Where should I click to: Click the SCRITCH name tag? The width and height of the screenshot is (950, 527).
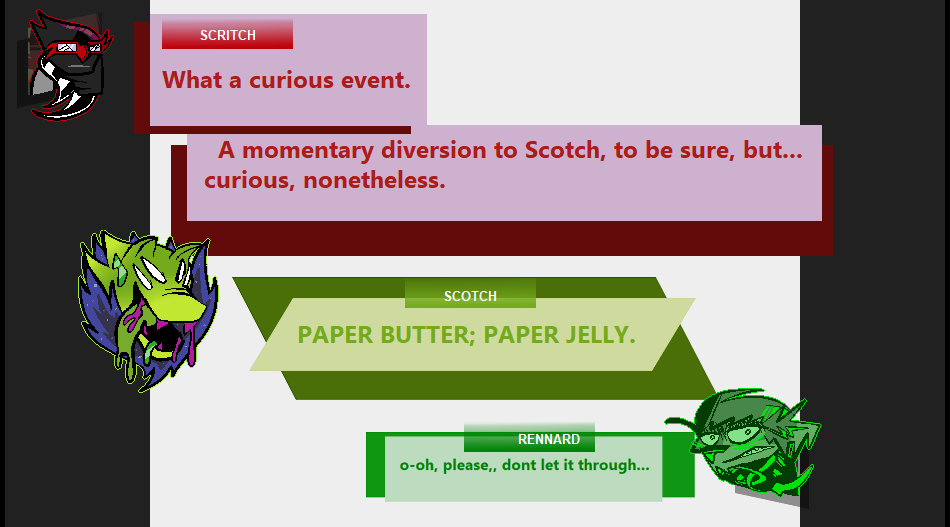[x=227, y=35]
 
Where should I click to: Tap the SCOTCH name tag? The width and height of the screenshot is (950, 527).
[x=470, y=295]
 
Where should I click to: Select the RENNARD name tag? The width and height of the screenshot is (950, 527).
[x=530, y=438]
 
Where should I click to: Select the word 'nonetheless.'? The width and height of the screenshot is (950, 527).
[x=374, y=180]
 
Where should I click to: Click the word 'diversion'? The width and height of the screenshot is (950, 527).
[x=433, y=150]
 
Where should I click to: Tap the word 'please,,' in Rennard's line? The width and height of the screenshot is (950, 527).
[x=469, y=466]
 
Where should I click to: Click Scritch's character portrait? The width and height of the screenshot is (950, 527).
[x=68, y=65]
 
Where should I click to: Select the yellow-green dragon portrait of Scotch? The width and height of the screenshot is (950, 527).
[x=147, y=310]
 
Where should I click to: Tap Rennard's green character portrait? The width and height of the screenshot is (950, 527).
[x=744, y=444]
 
